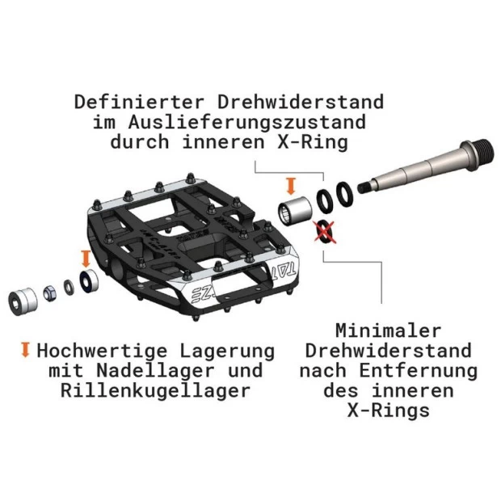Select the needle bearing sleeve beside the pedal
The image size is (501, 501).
coord(295,211)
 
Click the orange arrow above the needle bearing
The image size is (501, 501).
coord(291,187)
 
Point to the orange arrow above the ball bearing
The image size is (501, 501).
coord(86,259)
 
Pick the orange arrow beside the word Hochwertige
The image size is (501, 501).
coord(25,350)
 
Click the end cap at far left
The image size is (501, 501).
coord(23,301)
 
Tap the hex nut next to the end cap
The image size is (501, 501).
coord(49,293)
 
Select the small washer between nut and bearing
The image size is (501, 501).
coord(69,287)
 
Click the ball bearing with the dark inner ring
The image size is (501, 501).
coord(89,280)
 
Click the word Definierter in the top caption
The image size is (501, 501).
coord(139,103)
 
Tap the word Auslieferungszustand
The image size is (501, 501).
coord(246,122)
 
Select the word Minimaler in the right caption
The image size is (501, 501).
coord(388,330)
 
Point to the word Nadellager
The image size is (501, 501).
coord(155,371)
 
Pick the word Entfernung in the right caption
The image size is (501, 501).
coord(418,371)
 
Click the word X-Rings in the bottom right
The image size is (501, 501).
coord(388,410)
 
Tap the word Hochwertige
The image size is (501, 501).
coord(102,351)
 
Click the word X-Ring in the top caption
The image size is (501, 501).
coord(312,142)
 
